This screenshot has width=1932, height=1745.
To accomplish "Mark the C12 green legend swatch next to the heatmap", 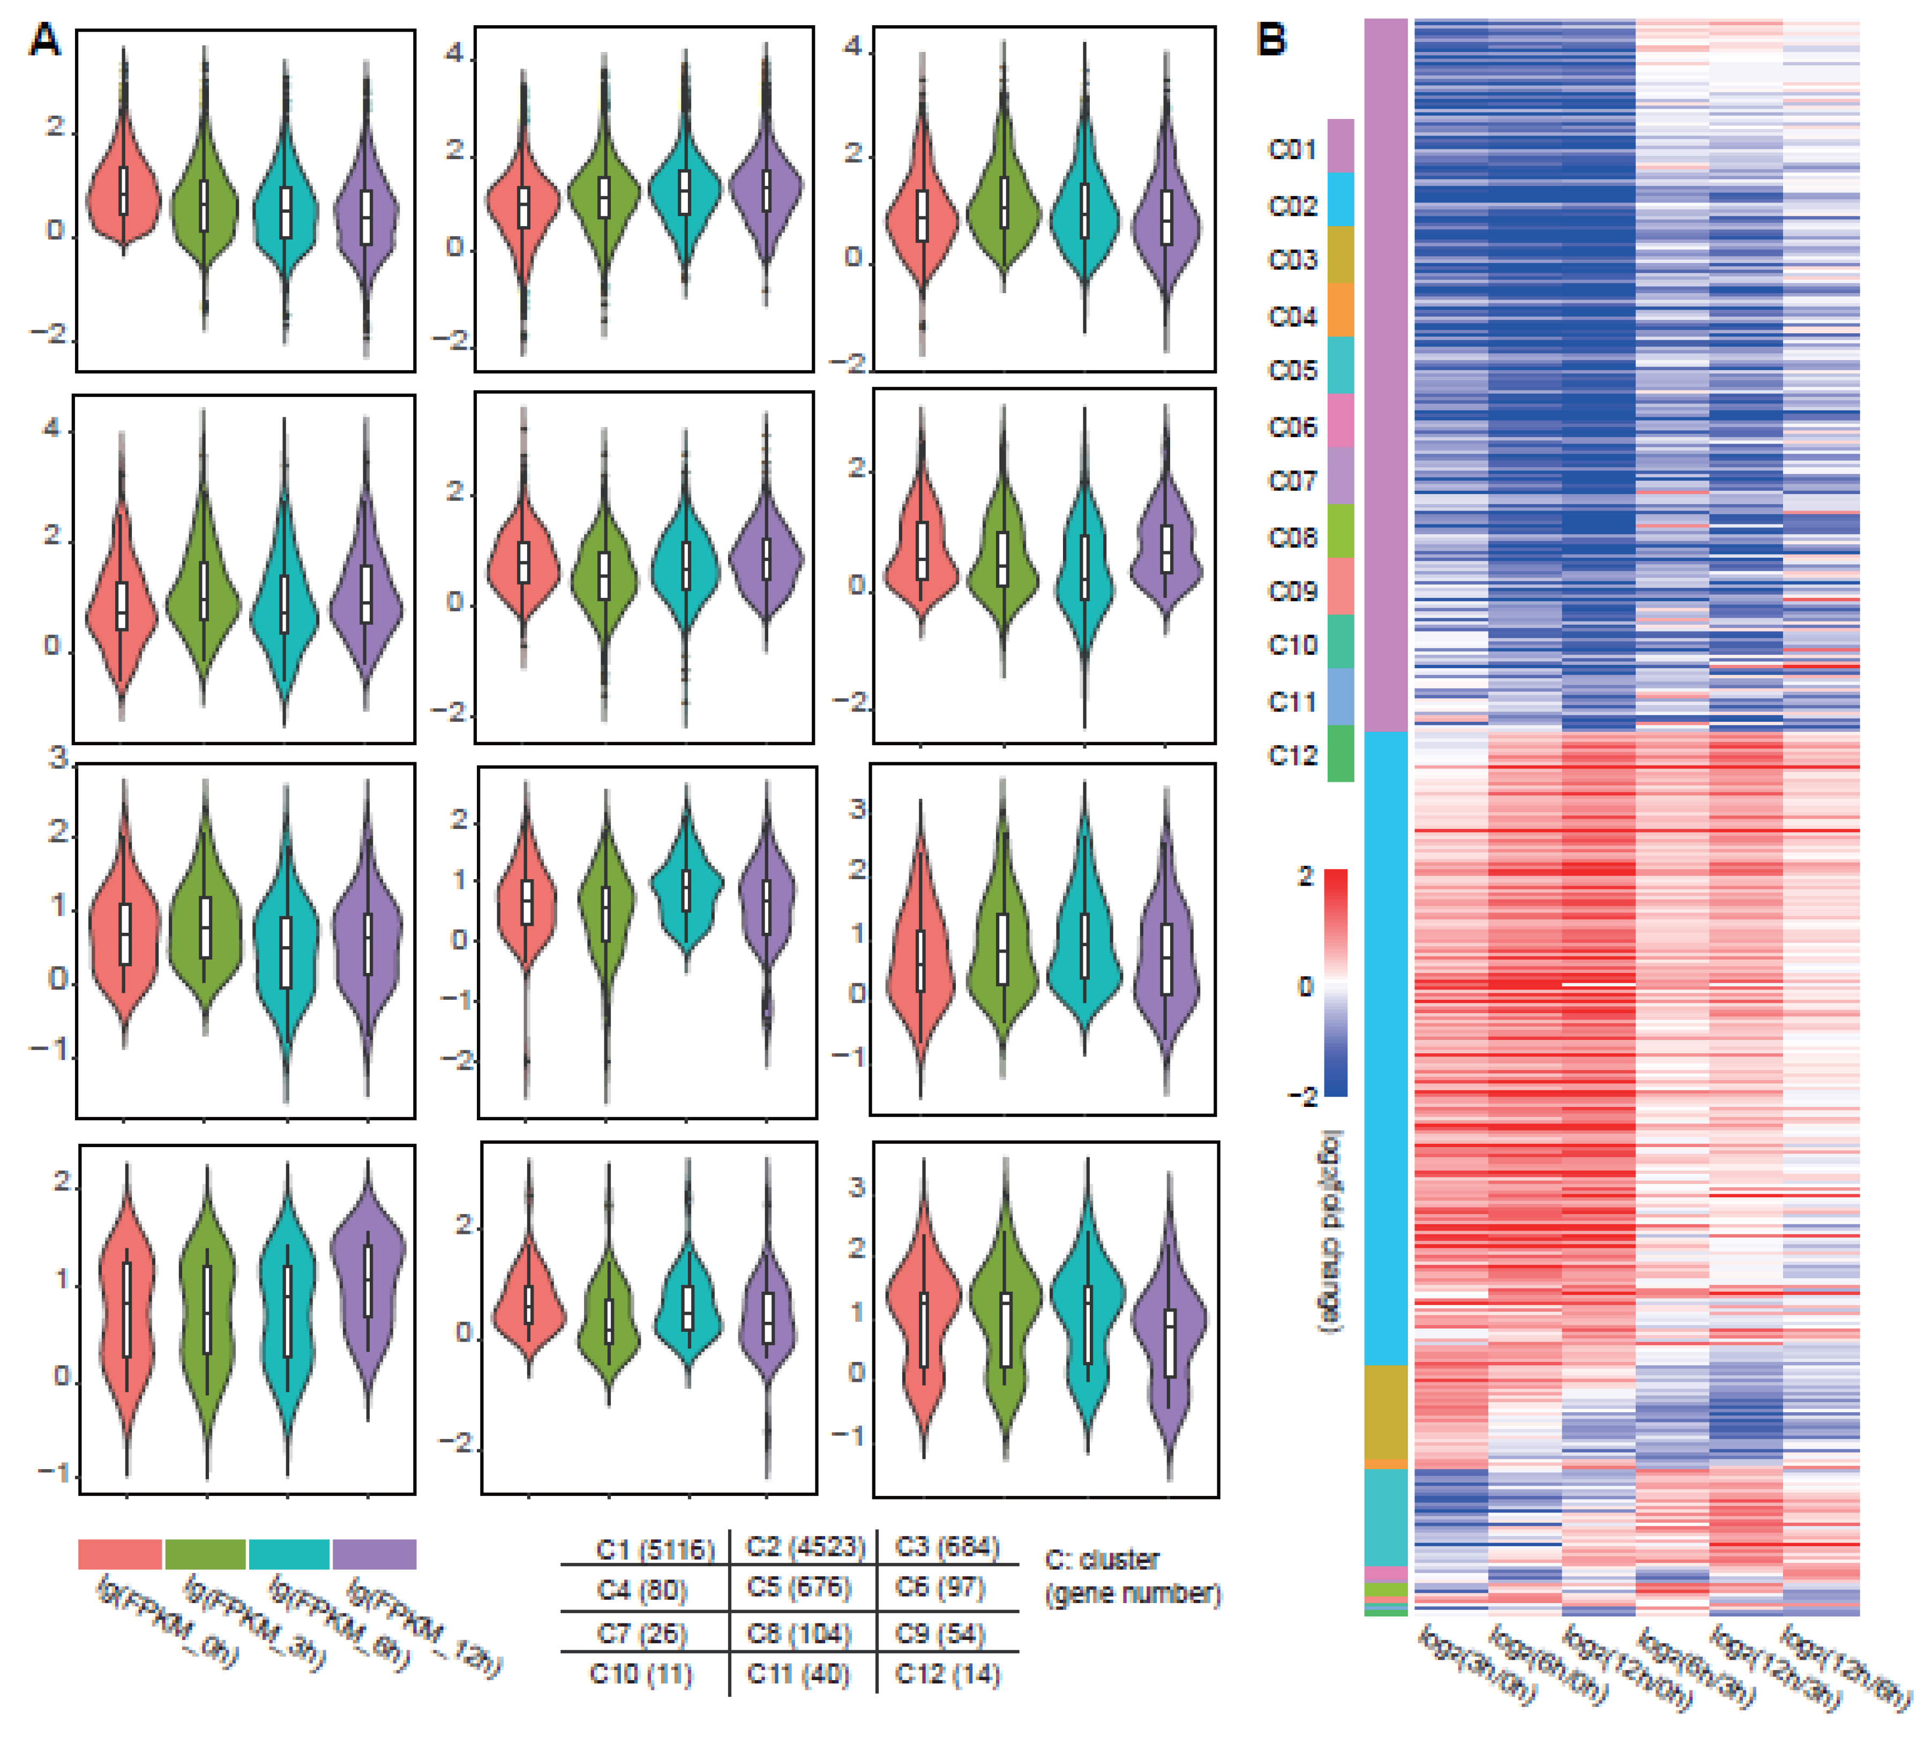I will pos(1340,754).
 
